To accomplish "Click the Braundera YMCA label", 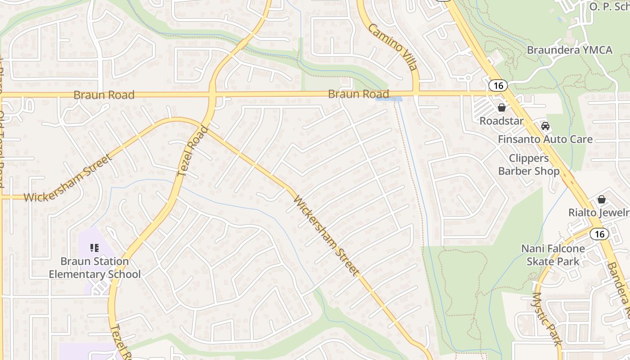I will click(x=569, y=50).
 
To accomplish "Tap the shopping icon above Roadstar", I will click(x=501, y=108).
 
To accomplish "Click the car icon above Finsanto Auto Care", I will click(x=545, y=126).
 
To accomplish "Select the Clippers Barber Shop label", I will click(x=529, y=165).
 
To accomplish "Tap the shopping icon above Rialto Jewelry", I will click(x=601, y=199).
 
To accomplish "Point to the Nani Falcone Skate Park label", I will click(x=553, y=255).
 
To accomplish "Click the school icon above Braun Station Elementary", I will click(x=94, y=247).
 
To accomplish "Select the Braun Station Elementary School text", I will click(x=94, y=268).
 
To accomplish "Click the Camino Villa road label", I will click(x=393, y=47).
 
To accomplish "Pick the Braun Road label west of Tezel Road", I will click(x=104, y=95).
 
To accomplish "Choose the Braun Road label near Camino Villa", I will click(x=358, y=94).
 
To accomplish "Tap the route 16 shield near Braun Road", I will click(x=498, y=85).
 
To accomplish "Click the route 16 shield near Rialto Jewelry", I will click(x=599, y=234).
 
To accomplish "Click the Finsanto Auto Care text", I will click(x=545, y=139).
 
